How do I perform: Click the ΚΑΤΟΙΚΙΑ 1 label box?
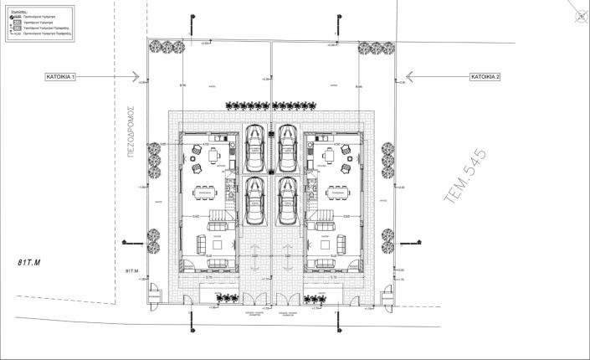[61, 76]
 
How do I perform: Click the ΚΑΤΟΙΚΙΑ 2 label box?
[485, 76]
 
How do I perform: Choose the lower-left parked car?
[254, 201]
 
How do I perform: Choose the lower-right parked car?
[288, 201]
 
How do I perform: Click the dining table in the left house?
[206, 192]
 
